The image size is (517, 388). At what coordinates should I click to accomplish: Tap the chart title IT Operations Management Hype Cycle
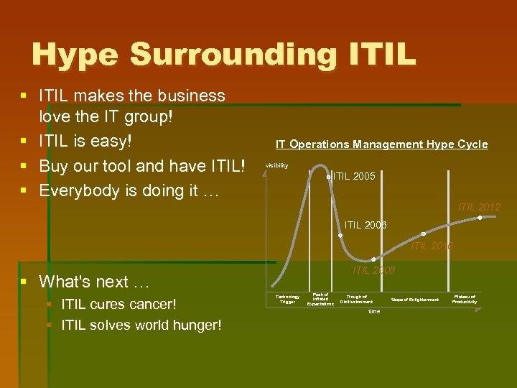[x=381, y=144]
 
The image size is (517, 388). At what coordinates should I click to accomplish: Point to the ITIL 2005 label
[x=354, y=176]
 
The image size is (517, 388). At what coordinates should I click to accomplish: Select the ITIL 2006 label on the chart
[x=365, y=225]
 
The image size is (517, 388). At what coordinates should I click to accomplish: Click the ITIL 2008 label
[x=373, y=270]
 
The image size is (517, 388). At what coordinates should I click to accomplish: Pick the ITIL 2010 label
[x=432, y=246]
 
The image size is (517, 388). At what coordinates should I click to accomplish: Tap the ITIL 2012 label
[x=479, y=207]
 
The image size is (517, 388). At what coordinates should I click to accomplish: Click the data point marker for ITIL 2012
[x=480, y=218]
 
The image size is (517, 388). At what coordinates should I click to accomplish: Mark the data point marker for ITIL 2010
[x=423, y=234]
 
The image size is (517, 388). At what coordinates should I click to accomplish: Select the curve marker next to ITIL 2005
[x=327, y=177]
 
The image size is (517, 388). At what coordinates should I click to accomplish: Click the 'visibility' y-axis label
[x=276, y=165]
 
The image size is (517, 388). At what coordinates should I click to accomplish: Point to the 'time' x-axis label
[x=374, y=311]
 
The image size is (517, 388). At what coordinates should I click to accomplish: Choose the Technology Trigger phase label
[x=287, y=299]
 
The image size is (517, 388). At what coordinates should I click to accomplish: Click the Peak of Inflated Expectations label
[x=320, y=299]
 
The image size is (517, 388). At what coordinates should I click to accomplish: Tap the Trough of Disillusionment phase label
[x=357, y=299]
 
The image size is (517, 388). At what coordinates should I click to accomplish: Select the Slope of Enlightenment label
[x=414, y=300]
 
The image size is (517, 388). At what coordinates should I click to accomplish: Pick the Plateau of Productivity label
[x=465, y=299]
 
